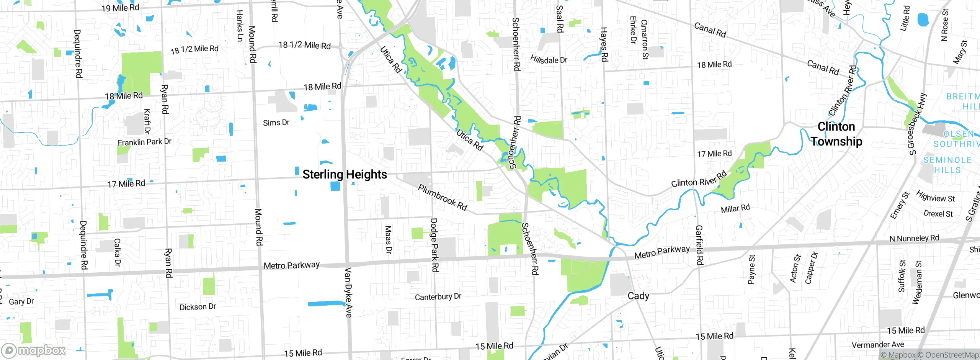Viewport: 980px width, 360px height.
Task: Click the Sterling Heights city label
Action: pyautogui.click(x=345, y=175)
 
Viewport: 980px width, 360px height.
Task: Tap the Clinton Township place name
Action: pyautogui.click(x=836, y=134)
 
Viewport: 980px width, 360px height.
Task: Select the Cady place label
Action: pyautogui.click(x=638, y=296)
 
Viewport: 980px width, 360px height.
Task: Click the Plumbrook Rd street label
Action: pyautogui.click(x=442, y=198)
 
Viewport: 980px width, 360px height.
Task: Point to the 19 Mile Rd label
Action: pyautogui.click(x=120, y=8)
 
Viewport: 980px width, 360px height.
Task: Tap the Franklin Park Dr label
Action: pyautogui.click(x=144, y=142)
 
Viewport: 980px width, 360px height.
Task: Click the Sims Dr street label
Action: pyautogui.click(x=276, y=123)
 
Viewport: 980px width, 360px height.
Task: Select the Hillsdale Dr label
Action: pyautogui.click(x=549, y=59)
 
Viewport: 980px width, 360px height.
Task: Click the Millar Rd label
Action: pyautogui.click(x=735, y=209)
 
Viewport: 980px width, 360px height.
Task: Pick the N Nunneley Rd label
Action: pyautogui.click(x=914, y=238)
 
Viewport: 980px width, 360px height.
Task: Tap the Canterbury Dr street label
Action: pyautogui.click(x=438, y=297)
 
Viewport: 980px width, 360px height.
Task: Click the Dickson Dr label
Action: pyautogui.click(x=198, y=307)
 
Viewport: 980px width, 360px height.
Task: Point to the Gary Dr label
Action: pyautogui.click(x=21, y=301)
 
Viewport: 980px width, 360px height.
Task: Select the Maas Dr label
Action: pyautogui.click(x=388, y=239)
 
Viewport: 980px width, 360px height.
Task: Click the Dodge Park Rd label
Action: pyautogui.click(x=434, y=245)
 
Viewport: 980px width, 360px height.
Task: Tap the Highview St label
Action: pyautogui.click(x=935, y=196)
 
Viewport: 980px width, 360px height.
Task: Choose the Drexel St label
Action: pyautogui.click(x=938, y=214)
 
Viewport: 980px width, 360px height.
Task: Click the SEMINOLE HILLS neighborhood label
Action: pyautogui.click(x=947, y=165)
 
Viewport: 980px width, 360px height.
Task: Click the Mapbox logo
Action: pyautogui.click(x=34, y=350)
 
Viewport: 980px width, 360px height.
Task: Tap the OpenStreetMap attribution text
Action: pyautogui.click(x=952, y=355)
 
